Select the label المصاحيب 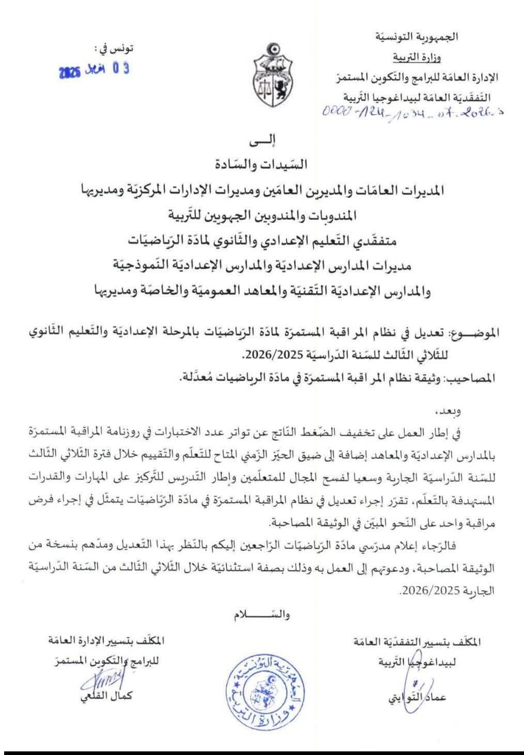[x=475, y=377]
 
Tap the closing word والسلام [x=260, y=615]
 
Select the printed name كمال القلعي [x=111, y=696]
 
